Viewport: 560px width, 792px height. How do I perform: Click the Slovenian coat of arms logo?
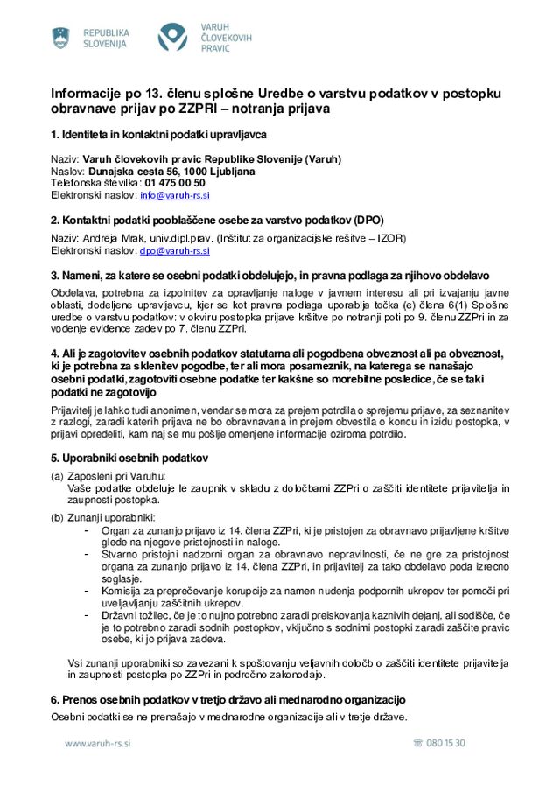click(60, 38)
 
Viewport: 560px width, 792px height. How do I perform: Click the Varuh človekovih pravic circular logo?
click(172, 38)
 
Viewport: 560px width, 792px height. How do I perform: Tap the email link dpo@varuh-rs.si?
click(175, 250)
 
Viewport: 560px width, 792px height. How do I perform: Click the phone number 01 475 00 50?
click(175, 183)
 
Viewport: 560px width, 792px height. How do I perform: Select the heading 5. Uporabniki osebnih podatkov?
click(129, 458)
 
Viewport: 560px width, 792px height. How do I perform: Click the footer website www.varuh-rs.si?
click(98, 743)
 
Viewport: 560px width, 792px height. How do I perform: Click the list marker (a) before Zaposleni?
click(57, 476)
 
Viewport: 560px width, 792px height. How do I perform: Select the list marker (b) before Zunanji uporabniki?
click(57, 518)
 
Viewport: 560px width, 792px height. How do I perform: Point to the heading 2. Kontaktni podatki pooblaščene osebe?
click(217, 220)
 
